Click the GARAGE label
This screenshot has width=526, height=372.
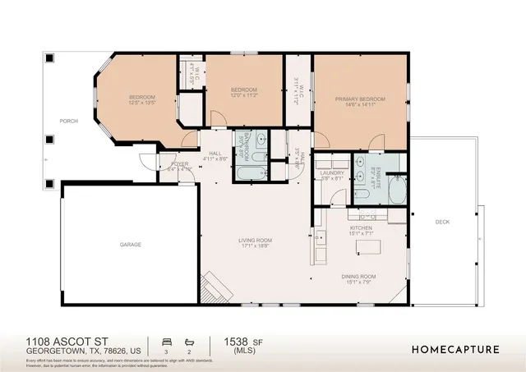(x=130, y=245)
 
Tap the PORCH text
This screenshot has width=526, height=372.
(x=68, y=122)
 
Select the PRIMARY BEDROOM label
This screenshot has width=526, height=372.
(x=360, y=99)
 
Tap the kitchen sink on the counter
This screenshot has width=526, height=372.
(x=318, y=239)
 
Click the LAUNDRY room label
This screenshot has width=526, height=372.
(x=332, y=173)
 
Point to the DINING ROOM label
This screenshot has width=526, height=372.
(x=358, y=277)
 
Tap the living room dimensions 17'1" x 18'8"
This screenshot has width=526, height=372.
(x=256, y=246)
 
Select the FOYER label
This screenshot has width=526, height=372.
(x=179, y=164)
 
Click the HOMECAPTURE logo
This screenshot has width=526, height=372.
(x=455, y=349)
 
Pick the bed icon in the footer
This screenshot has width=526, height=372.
(x=167, y=340)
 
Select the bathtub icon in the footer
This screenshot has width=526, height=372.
(x=189, y=340)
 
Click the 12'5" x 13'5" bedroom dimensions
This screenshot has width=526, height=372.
(x=141, y=104)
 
